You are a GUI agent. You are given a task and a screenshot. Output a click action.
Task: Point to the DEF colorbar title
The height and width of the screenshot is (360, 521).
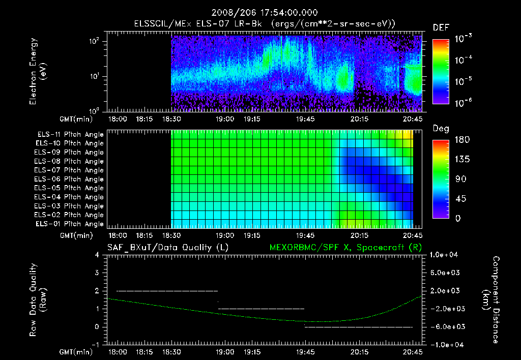[x=441, y=28]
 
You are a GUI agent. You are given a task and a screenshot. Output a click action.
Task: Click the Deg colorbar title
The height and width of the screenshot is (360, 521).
[x=441, y=129]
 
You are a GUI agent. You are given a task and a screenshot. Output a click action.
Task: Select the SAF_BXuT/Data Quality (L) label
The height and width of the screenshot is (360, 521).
[x=167, y=247]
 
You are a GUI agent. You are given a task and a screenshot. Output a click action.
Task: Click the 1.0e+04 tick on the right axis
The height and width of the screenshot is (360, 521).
[x=445, y=255]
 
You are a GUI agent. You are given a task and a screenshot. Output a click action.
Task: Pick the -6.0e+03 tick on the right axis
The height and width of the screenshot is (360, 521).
[x=445, y=326]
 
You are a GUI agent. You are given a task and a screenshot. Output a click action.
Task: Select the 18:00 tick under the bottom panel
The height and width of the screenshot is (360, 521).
[x=118, y=351]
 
